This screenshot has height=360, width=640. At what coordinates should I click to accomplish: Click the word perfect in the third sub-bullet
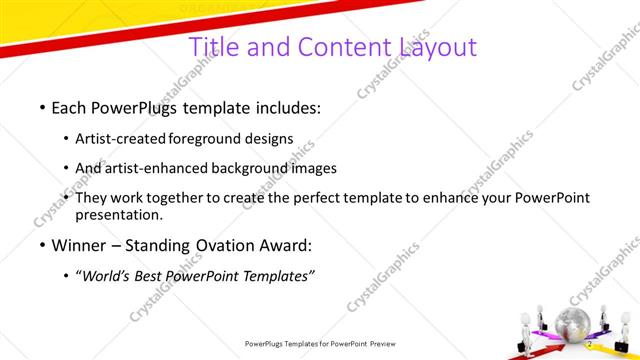[x=313, y=197]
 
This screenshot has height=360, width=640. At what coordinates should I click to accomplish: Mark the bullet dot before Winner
[x=42, y=244]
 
